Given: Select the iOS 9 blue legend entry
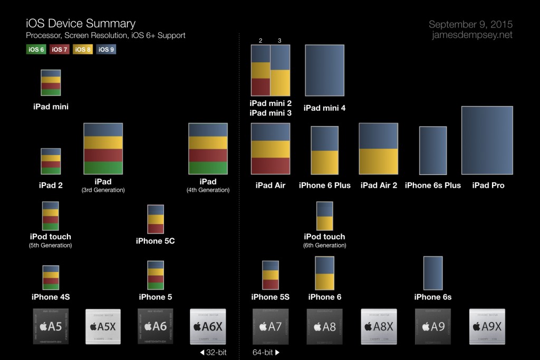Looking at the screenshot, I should coord(106,50).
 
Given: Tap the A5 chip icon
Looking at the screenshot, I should coord(51,326).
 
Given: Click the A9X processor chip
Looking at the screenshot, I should coord(487,326).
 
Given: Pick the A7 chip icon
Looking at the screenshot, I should coord(270,326).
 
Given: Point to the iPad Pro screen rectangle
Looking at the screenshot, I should coord(487,140).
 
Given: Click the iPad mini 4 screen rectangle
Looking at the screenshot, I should coord(324,71).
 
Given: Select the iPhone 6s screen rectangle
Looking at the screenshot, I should coord(433,273).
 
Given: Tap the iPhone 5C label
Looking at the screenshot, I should coord(155,241).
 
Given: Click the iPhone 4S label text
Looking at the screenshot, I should coord(51,297).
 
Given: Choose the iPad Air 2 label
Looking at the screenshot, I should coord(379,185).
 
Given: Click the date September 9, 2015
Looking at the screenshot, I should coord(470,24).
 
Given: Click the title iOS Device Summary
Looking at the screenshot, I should coord(80,23).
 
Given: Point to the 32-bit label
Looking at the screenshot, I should coord(213,352).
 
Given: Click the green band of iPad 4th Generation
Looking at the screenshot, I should coord(208,168).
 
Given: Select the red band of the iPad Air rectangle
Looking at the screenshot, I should coord(271,166).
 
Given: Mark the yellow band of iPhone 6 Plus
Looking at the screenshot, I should coord(324,162).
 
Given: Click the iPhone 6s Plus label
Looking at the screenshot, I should coord(432,185).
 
